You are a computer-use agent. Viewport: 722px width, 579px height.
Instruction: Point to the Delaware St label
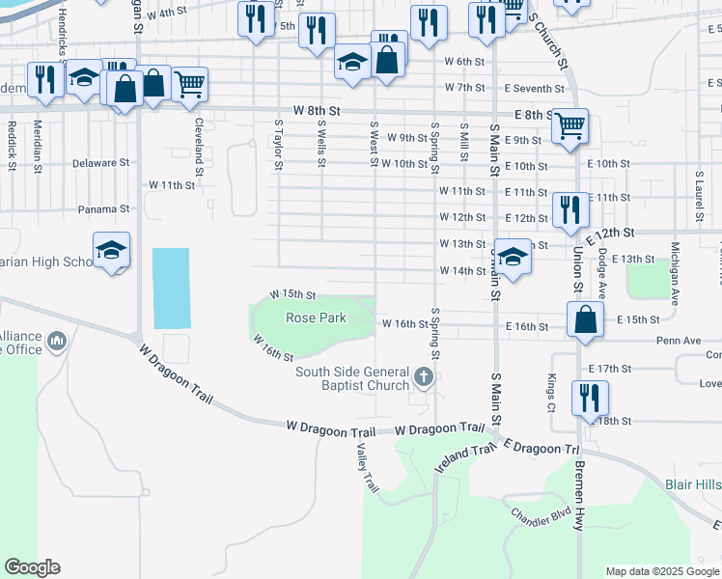tap(100, 163)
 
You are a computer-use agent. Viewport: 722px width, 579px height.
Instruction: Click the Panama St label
tap(104, 208)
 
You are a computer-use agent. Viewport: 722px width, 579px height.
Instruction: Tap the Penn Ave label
tap(651, 341)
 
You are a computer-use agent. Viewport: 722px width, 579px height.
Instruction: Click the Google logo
tap(32, 567)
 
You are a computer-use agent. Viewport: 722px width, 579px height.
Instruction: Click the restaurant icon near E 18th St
tap(589, 397)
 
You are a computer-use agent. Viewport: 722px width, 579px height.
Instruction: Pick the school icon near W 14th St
tap(514, 256)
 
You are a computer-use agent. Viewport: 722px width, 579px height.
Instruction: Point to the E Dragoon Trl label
tap(545, 449)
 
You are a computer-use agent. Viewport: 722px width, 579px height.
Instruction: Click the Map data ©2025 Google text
tap(661, 571)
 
